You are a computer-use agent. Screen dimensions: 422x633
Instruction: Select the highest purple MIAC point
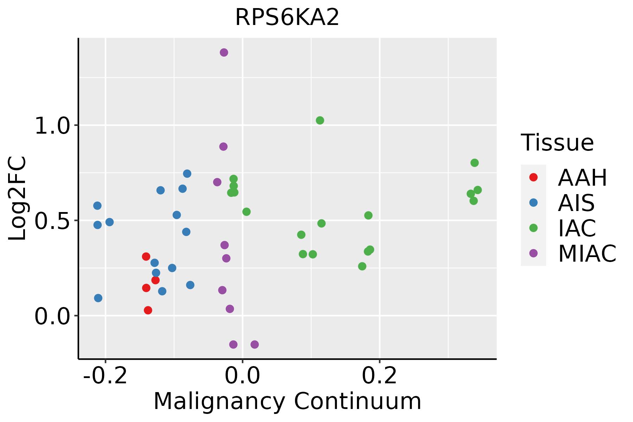(224, 53)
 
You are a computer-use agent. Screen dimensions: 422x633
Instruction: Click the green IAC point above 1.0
(320, 121)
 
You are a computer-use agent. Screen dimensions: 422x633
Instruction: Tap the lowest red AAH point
(148, 310)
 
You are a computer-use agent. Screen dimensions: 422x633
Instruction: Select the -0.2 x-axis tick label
(105, 376)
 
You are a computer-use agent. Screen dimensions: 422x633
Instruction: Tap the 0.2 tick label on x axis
(379, 376)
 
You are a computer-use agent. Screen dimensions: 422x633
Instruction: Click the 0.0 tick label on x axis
(242, 376)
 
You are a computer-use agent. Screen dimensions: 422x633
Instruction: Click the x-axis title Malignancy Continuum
(287, 401)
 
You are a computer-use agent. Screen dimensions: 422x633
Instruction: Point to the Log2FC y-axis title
(18, 198)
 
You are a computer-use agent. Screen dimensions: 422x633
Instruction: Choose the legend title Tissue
(557, 143)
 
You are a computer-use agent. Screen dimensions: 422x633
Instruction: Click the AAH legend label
(582, 178)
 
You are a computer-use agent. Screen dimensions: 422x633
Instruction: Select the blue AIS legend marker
(533, 203)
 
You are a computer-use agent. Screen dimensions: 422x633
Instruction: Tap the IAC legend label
(577, 228)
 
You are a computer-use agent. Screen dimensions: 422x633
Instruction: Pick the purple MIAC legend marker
(533, 253)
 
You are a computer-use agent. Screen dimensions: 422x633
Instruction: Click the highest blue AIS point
(187, 174)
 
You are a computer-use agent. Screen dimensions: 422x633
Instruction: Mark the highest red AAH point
(146, 257)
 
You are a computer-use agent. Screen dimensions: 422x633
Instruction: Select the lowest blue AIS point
(98, 298)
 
